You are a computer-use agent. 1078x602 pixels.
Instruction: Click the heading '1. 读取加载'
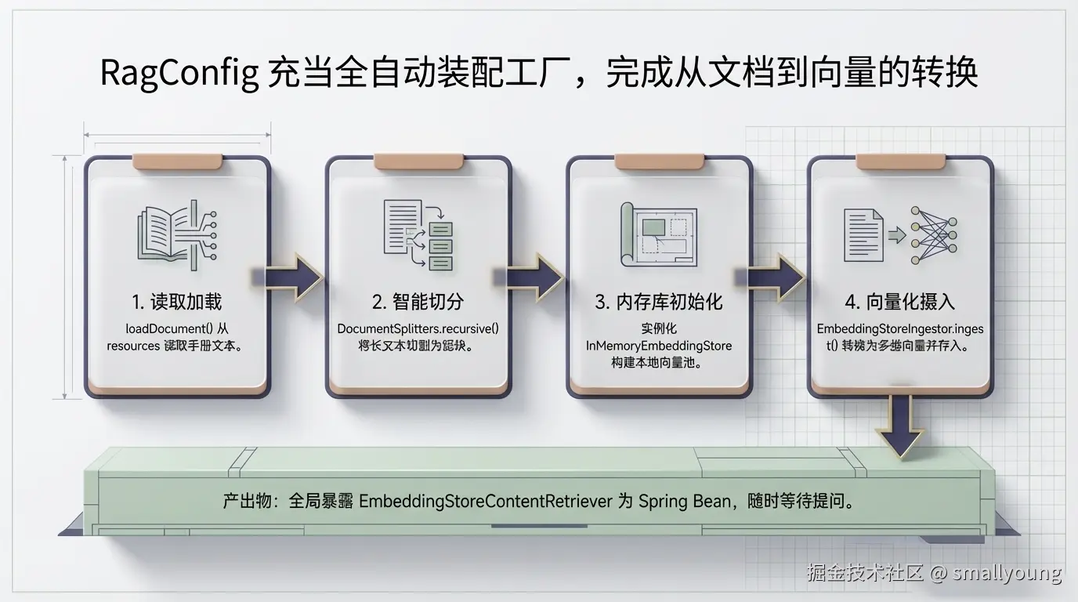(177, 302)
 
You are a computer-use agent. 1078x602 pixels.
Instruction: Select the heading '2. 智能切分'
(418, 302)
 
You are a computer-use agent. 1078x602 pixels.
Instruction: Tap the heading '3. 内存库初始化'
(659, 302)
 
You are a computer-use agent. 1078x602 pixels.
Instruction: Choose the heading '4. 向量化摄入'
(900, 302)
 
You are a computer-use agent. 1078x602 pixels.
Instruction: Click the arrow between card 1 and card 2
(293, 277)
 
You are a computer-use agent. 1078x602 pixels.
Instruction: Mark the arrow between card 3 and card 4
(775, 277)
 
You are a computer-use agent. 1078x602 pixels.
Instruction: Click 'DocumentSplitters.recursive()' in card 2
(418, 328)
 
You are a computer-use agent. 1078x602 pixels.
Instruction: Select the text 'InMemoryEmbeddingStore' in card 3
(659, 345)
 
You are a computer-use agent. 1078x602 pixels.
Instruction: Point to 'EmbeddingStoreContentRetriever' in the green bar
(485, 502)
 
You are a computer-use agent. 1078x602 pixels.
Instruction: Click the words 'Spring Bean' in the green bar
(684, 502)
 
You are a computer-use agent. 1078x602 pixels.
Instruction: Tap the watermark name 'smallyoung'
(1007, 573)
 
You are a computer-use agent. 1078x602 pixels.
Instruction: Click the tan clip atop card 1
(177, 161)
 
